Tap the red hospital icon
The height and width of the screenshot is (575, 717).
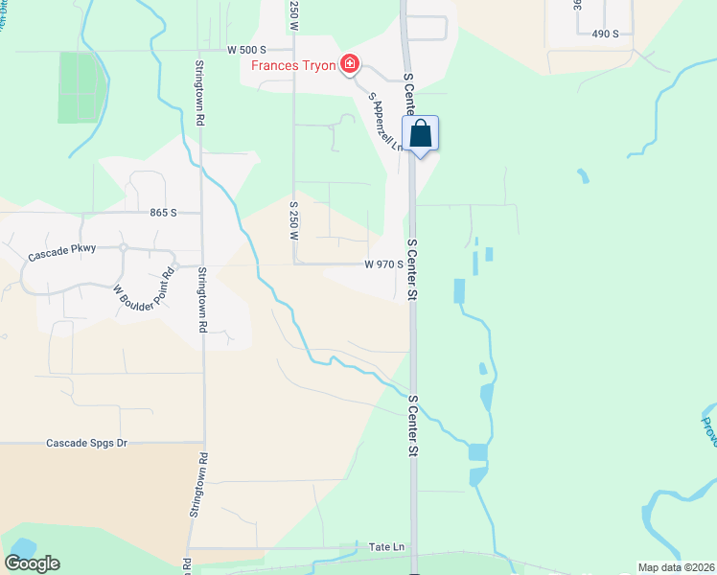point(351,65)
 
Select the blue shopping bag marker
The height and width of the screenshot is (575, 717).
point(421,134)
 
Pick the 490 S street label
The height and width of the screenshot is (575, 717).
point(606,34)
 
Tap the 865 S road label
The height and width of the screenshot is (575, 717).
point(164,213)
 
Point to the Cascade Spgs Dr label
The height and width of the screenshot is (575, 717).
point(87,444)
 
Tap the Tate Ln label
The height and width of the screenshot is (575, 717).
point(388,546)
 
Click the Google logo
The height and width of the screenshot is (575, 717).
point(32,563)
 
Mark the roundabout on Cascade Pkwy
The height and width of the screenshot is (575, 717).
point(125,248)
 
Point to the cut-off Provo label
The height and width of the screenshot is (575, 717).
point(707,431)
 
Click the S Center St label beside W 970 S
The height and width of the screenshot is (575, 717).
point(412,270)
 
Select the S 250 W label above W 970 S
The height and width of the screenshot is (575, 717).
point(294,220)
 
